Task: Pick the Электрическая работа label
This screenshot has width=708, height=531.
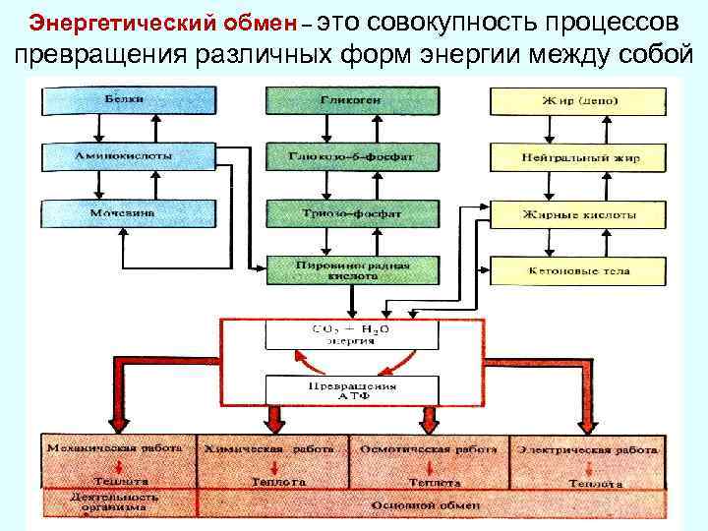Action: coord(588,448)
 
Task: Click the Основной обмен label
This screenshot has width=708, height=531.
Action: coord(425,505)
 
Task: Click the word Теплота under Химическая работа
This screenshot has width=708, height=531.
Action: coord(278,483)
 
